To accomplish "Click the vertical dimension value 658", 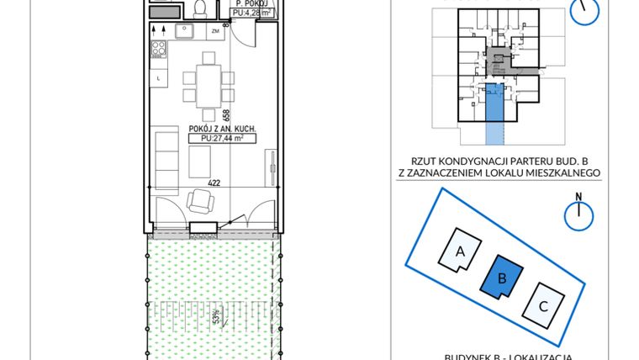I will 226,115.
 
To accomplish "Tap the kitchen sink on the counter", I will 184,31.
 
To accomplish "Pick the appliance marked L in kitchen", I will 158,78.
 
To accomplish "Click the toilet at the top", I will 199,9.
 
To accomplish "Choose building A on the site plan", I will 460,250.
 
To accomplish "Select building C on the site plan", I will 543,305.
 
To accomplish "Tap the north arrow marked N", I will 578,213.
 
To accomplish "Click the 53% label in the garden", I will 216,319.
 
